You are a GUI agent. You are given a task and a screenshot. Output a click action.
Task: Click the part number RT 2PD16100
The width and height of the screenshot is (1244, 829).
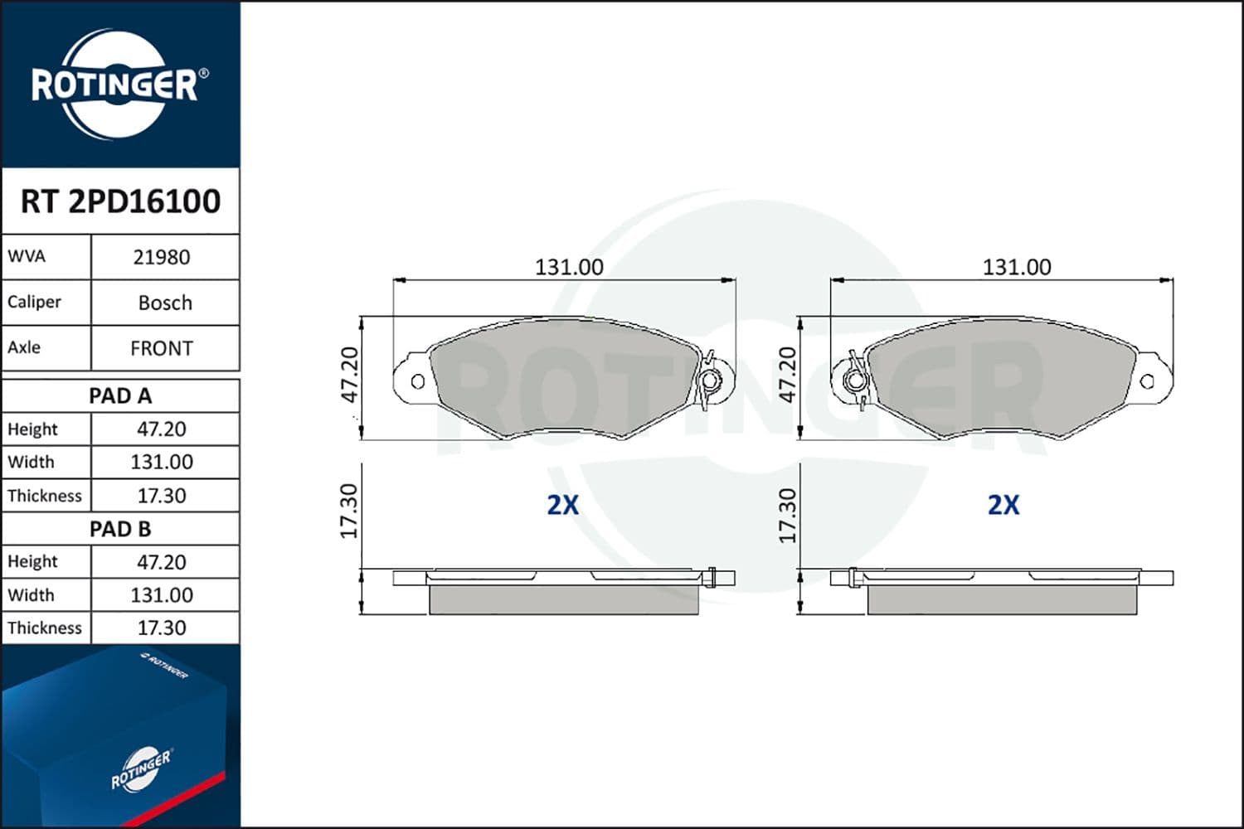(x=120, y=201)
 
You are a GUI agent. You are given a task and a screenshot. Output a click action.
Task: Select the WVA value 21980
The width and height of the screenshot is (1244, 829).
(x=162, y=258)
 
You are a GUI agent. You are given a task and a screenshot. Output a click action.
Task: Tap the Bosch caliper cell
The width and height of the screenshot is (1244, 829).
(x=166, y=303)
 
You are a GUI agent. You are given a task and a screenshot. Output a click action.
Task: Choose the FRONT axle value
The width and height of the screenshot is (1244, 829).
(x=162, y=349)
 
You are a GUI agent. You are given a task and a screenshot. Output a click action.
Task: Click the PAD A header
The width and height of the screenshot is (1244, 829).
(x=120, y=396)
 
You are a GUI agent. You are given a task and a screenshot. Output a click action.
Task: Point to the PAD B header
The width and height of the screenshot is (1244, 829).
(x=120, y=529)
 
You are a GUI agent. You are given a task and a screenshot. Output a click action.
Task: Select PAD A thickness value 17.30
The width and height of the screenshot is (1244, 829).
(x=162, y=496)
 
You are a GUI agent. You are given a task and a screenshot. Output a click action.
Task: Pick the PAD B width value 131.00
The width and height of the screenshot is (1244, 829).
(x=162, y=595)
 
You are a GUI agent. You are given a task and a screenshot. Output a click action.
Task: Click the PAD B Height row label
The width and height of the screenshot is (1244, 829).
(x=32, y=562)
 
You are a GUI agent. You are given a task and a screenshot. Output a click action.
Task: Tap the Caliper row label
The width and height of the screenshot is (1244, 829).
(x=34, y=302)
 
